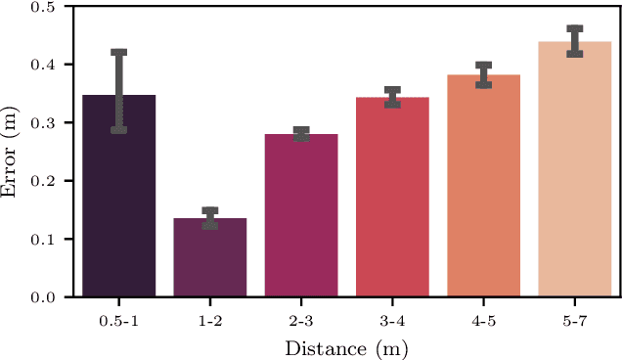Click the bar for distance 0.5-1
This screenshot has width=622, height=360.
[x=119, y=196]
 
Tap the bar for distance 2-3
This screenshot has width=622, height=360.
[x=301, y=215]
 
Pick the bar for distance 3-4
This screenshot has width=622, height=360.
[x=392, y=197]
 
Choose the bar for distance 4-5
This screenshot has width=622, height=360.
[x=483, y=186]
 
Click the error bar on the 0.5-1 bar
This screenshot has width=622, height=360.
[x=119, y=90]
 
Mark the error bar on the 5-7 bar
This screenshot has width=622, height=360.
[x=574, y=41]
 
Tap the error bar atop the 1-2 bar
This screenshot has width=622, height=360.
[x=210, y=218]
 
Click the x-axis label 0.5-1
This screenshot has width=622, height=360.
[x=119, y=320]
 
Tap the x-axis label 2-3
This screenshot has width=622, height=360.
[x=301, y=320]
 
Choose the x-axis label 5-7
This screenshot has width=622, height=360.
[x=574, y=320]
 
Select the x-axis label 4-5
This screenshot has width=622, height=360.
[x=483, y=320]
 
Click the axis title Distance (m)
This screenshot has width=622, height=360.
[x=346, y=347]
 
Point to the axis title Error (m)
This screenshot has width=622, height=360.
[x=12, y=152]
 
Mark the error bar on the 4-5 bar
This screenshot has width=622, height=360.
[x=483, y=75]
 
